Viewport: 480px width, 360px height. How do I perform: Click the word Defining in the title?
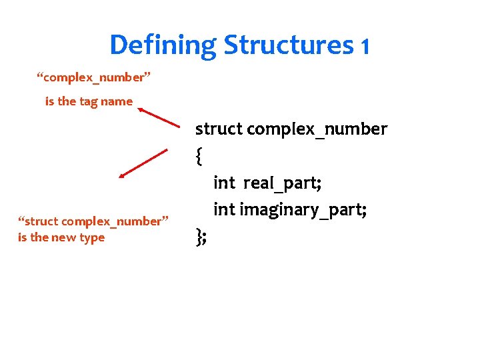click(163, 45)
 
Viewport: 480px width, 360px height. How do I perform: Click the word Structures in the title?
click(288, 45)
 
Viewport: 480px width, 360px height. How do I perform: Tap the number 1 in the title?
click(364, 46)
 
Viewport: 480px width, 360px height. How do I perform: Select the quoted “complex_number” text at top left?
click(93, 78)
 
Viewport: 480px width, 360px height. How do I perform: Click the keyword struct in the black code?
click(219, 129)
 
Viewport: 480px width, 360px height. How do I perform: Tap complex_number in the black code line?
click(317, 129)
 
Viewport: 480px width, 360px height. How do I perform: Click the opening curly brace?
click(199, 156)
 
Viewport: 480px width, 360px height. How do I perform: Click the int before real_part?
click(224, 183)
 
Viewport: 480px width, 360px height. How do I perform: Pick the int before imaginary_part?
click(224, 210)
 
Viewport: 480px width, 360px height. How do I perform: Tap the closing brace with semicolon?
click(201, 237)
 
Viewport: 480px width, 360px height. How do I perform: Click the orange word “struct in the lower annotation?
click(40, 221)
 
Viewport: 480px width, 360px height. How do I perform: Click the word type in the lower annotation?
click(92, 238)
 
